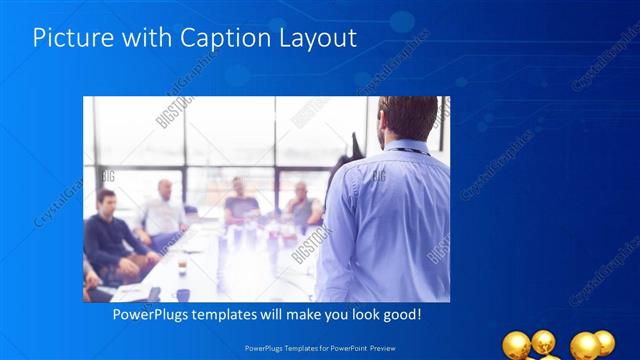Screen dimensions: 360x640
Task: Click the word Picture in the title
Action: click(x=68, y=38)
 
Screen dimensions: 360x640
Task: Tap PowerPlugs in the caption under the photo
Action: click(x=145, y=314)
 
